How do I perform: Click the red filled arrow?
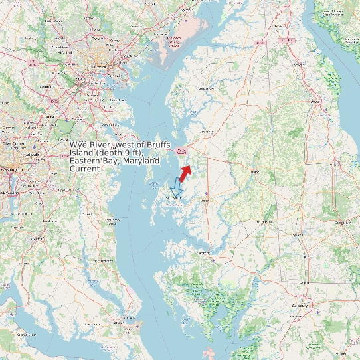[185, 172]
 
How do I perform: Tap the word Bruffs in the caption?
[152, 144]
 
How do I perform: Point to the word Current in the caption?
[84, 169]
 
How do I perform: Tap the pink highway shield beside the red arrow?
[182, 151]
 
